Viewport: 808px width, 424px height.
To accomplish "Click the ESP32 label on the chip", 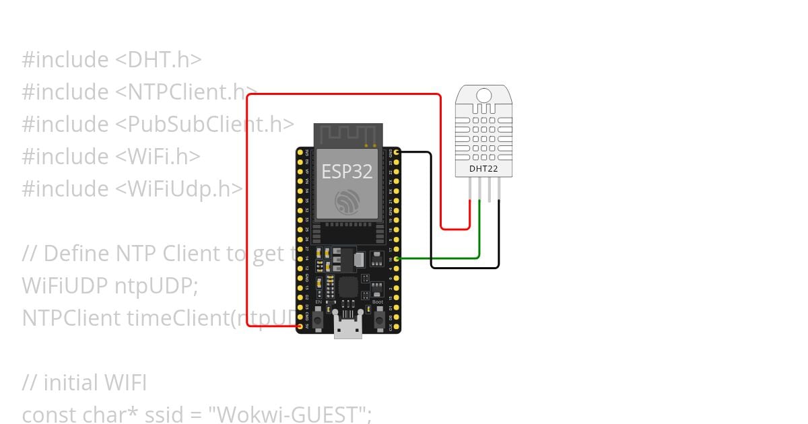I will (347, 172).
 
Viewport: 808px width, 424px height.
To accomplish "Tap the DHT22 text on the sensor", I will (483, 168).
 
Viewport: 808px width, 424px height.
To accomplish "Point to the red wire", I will (248, 202).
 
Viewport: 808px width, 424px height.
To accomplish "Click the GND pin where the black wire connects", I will (397, 153).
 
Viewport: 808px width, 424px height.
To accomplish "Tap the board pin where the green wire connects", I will (397, 258).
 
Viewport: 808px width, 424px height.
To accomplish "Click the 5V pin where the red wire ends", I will (300, 326).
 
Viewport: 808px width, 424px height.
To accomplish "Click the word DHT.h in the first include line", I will (159, 60).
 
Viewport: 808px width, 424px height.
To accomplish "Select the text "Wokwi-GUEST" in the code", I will (292, 415).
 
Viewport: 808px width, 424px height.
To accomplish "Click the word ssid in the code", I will (164, 415).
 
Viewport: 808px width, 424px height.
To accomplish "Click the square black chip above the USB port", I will (348, 288).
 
